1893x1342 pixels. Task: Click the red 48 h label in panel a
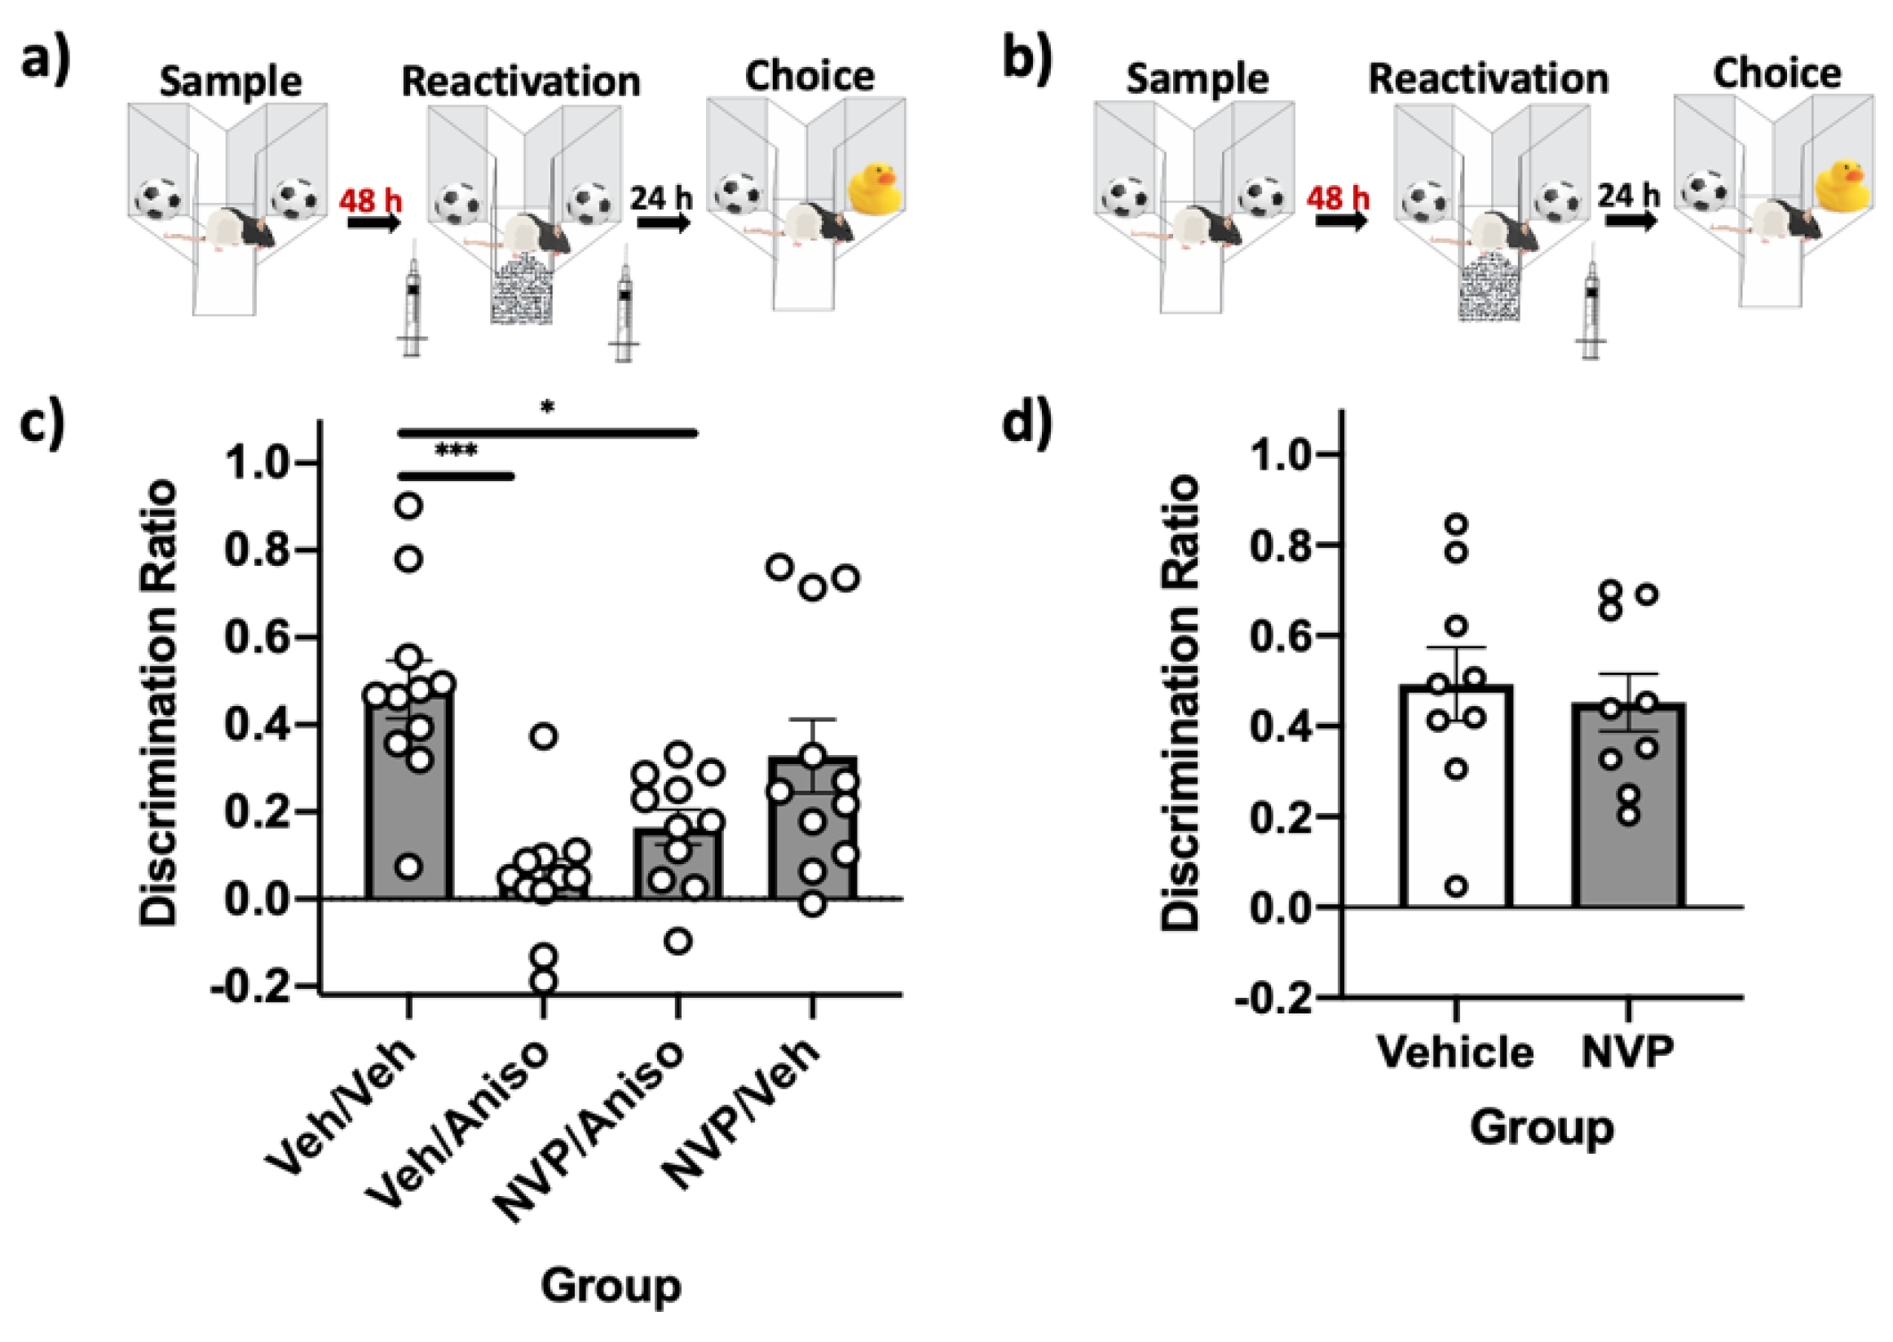(370, 199)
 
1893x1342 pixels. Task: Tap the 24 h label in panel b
(1628, 196)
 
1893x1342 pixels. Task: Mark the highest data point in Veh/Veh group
(409, 505)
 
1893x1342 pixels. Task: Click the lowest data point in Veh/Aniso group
(544, 982)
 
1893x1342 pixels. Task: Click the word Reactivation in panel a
(521, 82)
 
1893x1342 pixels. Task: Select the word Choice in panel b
(1776, 74)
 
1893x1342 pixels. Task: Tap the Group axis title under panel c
(611, 1286)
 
